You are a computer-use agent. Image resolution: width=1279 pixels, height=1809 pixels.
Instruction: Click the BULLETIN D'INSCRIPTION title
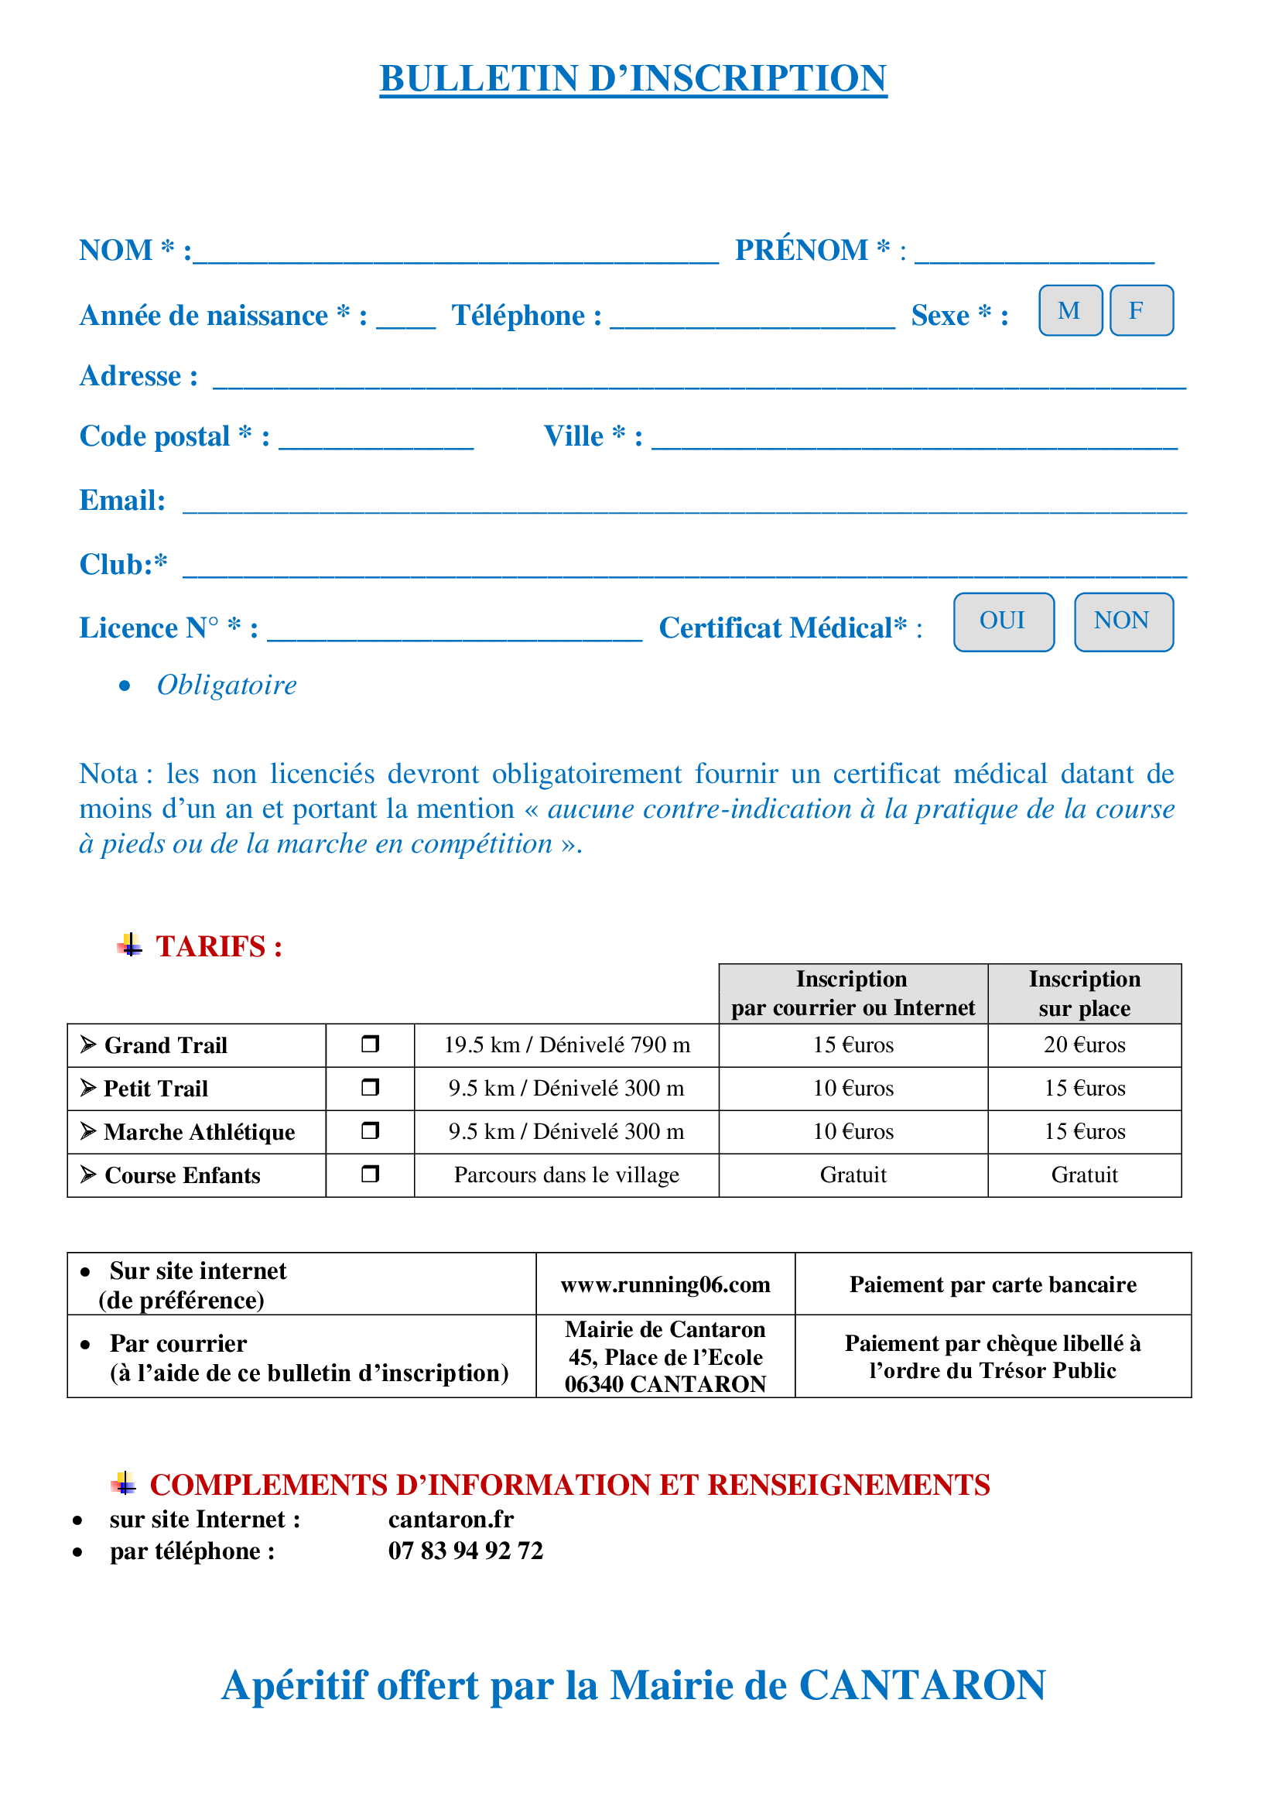click(633, 79)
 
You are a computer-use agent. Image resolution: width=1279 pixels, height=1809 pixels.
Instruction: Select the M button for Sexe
click(1069, 310)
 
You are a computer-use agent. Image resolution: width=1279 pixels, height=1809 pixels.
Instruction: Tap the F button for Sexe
click(1140, 310)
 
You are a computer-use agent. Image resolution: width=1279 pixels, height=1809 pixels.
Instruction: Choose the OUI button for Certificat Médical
click(1003, 621)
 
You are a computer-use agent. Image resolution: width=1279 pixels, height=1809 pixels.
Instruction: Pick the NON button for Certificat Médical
click(1122, 621)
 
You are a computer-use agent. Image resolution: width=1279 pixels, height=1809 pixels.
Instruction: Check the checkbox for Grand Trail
click(370, 1044)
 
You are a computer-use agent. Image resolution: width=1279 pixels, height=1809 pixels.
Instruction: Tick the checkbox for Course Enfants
click(370, 1174)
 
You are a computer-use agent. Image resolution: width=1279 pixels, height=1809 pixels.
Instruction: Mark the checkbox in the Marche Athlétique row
click(370, 1130)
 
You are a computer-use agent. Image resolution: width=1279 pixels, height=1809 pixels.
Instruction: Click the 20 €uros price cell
click(1083, 1045)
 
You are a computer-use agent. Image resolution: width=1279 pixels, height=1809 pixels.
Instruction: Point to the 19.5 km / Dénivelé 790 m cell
click(566, 1045)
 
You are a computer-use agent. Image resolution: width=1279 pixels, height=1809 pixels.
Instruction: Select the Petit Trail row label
click(156, 1088)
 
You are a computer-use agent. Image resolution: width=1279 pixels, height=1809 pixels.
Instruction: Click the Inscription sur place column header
click(1083, 993)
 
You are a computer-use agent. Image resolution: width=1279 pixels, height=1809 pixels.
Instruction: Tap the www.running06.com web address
click(665, 1284)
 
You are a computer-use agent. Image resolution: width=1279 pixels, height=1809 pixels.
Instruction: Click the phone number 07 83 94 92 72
click(465, 1551)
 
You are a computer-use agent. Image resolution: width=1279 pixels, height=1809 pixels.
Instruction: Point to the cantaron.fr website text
click(451, 1519)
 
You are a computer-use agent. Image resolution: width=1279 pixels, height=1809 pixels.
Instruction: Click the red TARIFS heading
click(218, 946)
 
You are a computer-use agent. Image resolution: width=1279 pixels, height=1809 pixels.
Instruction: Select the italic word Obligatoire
click(226, 685)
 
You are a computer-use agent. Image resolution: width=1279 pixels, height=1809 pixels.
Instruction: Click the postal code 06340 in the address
click(593, 1384)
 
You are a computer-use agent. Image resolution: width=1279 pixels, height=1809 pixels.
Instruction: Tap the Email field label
click(122, 501)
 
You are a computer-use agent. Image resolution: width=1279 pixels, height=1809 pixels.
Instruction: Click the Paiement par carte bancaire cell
click(992, 1284)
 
